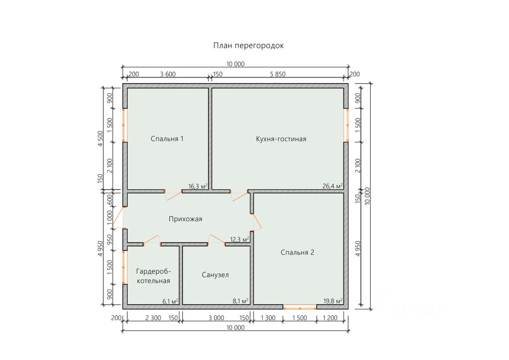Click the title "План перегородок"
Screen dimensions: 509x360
(249, 46)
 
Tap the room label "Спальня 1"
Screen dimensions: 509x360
(167, 139)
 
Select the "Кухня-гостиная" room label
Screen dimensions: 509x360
(281, 139)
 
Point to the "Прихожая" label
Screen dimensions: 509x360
(185, 219)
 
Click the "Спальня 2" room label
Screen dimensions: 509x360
(297, 252)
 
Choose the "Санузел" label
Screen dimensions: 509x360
(215, 275)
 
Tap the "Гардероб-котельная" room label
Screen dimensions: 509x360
(153, 276)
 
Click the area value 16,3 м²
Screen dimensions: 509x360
(198, 186)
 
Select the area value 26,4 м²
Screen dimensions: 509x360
(332, 186)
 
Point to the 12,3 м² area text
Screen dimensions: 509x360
(239, 239)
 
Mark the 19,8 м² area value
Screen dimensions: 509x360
(332, 301)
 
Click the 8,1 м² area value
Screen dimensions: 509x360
(240, 301)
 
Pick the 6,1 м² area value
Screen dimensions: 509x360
(170, 301)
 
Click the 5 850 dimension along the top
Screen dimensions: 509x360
(278, 74)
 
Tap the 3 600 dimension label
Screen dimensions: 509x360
(167, 74)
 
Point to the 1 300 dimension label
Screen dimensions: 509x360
(268, 318)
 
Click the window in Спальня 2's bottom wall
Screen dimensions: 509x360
(300, 307)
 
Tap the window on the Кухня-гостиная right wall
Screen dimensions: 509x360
(346, 125)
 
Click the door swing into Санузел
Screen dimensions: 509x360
(216, 239)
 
